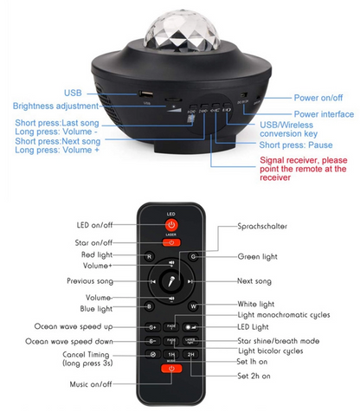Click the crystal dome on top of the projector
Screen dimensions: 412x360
coord(179,31)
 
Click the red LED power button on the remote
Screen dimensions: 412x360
coord(171,227)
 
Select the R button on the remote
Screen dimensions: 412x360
coord(149,257)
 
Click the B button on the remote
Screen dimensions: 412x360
coord(149,306)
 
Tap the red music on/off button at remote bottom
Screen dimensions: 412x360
coord(171,369)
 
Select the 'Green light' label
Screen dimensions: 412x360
coord(258,257)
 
